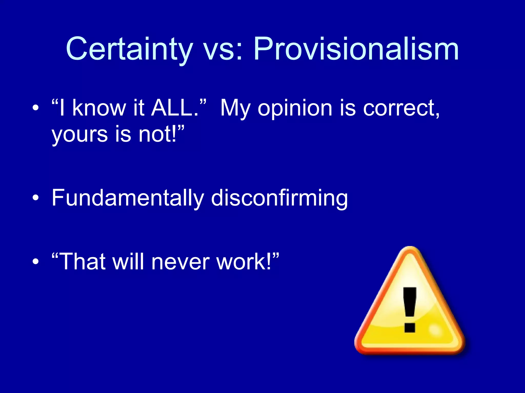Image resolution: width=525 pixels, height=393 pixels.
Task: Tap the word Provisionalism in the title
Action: tap(356, 49)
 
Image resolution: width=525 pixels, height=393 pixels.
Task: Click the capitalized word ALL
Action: tap(174, 108)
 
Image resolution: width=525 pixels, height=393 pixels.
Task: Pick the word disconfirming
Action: tap(279, 198)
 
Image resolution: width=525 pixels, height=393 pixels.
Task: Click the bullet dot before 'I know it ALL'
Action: tap(36, 108)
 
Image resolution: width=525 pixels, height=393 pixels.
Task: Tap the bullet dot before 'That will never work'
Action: tap(36, 262)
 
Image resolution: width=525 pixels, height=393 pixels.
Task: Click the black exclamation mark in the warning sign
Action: tap(409, 310)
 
